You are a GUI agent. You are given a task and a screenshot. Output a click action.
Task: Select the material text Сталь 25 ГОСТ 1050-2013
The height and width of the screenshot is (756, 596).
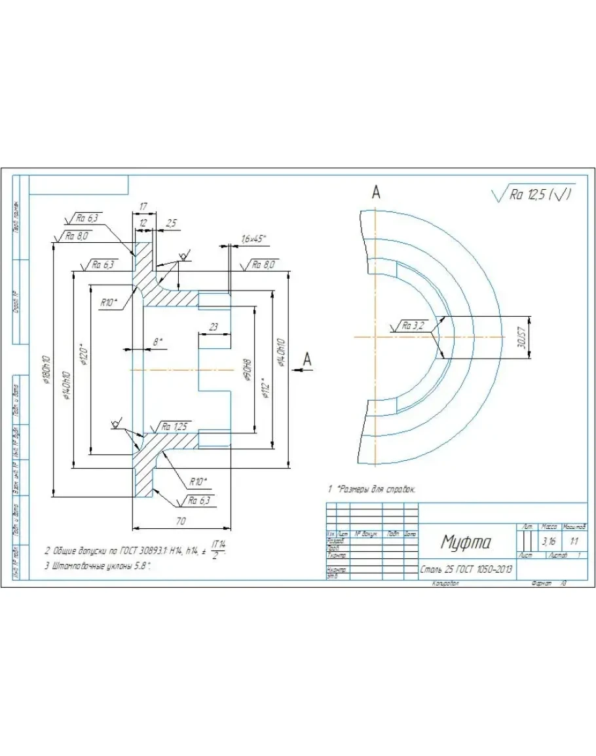[x=466, y=569]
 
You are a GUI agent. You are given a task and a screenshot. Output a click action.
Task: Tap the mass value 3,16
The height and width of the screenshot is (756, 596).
[x=549, y=542]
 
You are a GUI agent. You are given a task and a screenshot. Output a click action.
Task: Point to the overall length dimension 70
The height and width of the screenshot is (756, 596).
[x=181, y=522]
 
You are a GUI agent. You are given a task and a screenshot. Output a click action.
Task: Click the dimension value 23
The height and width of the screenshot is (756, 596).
[x=214, y=326]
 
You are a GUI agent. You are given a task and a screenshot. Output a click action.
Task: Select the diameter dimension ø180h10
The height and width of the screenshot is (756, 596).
[x=46, y=373]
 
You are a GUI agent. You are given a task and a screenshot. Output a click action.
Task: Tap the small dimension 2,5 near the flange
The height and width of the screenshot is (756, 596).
[x=171, y=224]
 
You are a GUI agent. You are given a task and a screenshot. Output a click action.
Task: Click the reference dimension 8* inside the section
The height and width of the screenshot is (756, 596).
[x=157, y=342]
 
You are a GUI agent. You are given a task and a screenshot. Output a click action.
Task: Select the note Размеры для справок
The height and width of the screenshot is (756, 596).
[x=376, y=489]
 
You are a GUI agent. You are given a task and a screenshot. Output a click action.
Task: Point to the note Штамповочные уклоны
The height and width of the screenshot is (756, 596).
[x=98, y=567]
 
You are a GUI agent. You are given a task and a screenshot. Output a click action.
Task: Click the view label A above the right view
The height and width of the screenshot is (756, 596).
[x=376, y=192]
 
